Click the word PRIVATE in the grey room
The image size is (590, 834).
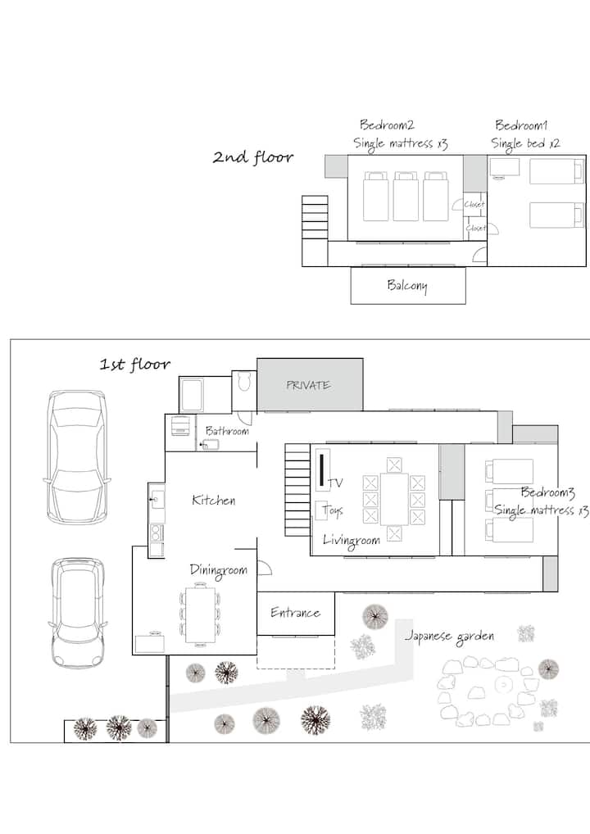click(309, 385)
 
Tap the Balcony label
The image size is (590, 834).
click(407, 286)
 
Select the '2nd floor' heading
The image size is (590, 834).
click(253, 157)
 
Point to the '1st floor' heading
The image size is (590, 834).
click(135, 365)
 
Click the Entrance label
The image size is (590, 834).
click(295, 613)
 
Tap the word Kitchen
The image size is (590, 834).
click(213, 500)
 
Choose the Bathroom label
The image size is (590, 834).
click(227, 431)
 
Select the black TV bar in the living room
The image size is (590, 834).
click(321, 470)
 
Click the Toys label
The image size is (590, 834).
click(333, 511)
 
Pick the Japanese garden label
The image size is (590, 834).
click(450, 637)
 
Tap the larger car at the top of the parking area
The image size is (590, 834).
click(77, 457)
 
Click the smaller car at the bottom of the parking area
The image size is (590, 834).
click(78, 612)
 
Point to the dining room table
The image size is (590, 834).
click(200, 614)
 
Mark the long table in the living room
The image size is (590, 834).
click(394, 500)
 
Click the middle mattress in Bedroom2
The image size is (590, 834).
click(406, 197)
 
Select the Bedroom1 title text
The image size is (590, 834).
click(521, 125)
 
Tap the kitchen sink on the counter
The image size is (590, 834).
click(157, 500)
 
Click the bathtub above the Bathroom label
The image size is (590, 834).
click(192, 394)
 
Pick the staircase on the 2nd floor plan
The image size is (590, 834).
click(315, 218)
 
